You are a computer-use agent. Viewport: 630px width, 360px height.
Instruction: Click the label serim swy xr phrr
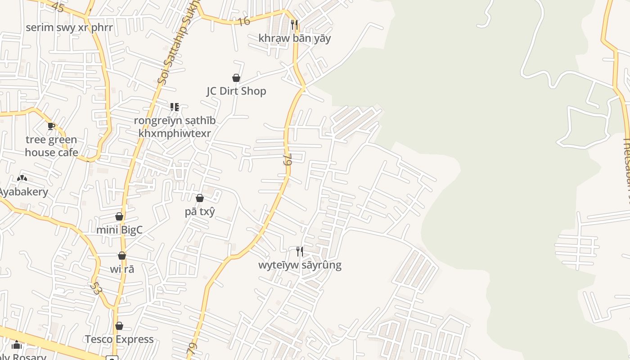pos(69,27)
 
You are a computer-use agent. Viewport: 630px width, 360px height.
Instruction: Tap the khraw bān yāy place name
pos(294,38)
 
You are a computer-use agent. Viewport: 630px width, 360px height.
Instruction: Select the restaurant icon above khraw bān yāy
pos(294,24)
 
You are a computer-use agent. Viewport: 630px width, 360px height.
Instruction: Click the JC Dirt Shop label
pos(236,91)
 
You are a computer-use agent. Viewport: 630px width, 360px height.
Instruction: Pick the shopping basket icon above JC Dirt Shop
pos(236,78)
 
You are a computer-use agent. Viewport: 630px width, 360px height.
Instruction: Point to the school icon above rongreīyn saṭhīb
pos(175,107)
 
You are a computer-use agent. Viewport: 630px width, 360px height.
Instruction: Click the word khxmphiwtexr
pos(175,134)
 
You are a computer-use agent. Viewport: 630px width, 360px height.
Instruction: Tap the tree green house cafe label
pos(51,146)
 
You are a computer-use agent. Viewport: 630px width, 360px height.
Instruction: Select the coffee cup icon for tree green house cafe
pos(51,126)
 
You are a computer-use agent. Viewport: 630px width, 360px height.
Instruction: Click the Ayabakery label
pos(23,192)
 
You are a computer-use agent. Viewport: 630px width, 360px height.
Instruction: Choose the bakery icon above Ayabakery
pos(22,178)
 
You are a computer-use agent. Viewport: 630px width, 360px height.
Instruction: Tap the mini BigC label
pos(119,230)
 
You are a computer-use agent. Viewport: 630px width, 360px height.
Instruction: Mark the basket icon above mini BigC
pos(119,216)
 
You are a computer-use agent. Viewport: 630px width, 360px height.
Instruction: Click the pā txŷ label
pos(200,211)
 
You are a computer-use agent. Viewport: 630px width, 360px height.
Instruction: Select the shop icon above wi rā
pos(122,256)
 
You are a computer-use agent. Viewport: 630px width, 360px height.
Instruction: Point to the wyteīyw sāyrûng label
pos(300,265)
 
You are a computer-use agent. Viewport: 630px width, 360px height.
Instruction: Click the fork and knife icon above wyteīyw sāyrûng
pos(300,251)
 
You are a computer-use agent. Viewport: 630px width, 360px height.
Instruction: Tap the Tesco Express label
pos(119,339)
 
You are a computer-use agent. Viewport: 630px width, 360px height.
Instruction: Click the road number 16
pos(243,21)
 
